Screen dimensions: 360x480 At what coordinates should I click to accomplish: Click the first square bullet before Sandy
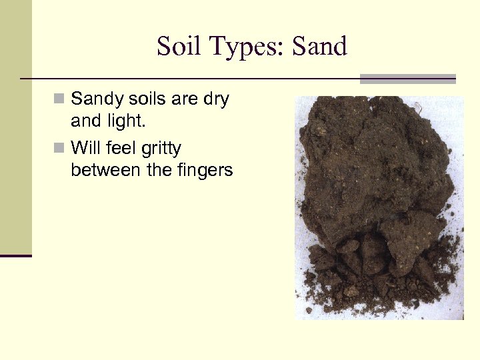click(59, 99)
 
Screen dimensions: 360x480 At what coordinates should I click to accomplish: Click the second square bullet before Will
click(59, 147)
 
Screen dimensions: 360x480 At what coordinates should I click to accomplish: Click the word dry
click(215, 99)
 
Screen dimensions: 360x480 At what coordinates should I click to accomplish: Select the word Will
click(85, 147)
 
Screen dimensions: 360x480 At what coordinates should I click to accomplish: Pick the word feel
click(121, 147)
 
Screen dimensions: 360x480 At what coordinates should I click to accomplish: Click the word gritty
click(161, 147)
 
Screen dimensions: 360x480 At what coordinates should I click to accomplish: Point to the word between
click(106, 170)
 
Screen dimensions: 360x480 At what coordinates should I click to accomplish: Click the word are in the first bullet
click(184, 99)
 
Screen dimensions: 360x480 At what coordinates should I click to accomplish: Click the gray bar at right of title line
click(407, 79)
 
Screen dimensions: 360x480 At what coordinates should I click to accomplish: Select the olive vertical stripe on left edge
click(15, 127)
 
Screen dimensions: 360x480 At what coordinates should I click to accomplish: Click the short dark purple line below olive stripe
click(15, 255)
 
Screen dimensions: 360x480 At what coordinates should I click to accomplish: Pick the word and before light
click(85, 123)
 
